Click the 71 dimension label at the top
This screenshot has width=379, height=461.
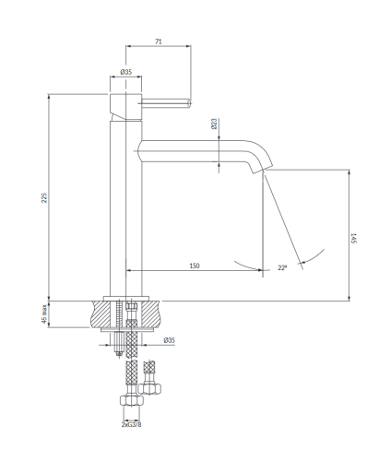coord(159,41)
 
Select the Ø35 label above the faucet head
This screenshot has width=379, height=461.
coord(126,72)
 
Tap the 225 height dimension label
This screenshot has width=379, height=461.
coord(44,197)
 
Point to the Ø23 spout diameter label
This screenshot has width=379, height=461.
coord(214,124)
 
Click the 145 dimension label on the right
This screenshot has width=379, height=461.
coord(353,238)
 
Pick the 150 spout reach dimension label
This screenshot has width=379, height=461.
coord(195,266)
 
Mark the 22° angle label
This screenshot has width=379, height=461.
coord(282,267)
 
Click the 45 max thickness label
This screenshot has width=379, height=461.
coord(44,313)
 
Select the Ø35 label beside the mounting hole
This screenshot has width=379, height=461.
coord(170,340)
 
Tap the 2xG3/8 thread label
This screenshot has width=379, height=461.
coord(132,424)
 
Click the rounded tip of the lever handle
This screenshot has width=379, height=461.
coord(189,103)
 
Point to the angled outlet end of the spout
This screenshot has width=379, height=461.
coord(261,169)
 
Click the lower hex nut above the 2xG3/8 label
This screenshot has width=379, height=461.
coord(132,401)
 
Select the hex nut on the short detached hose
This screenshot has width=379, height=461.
coord(149,389)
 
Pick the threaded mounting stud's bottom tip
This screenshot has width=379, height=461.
coord(119,356)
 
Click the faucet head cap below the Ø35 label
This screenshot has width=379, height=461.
coord(126,106)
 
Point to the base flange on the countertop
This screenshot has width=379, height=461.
coord(126,299)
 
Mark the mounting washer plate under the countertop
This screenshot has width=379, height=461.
coord(126,329)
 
